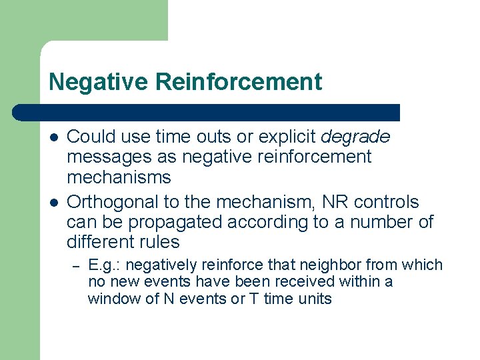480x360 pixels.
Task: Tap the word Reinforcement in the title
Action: (239, 82)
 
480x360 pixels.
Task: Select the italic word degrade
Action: (355, 137)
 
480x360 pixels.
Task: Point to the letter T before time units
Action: (254, 299)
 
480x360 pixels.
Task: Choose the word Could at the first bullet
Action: (89, 137)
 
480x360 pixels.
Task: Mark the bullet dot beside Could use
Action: (53, 137)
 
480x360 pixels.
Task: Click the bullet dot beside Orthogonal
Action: (53, 202)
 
